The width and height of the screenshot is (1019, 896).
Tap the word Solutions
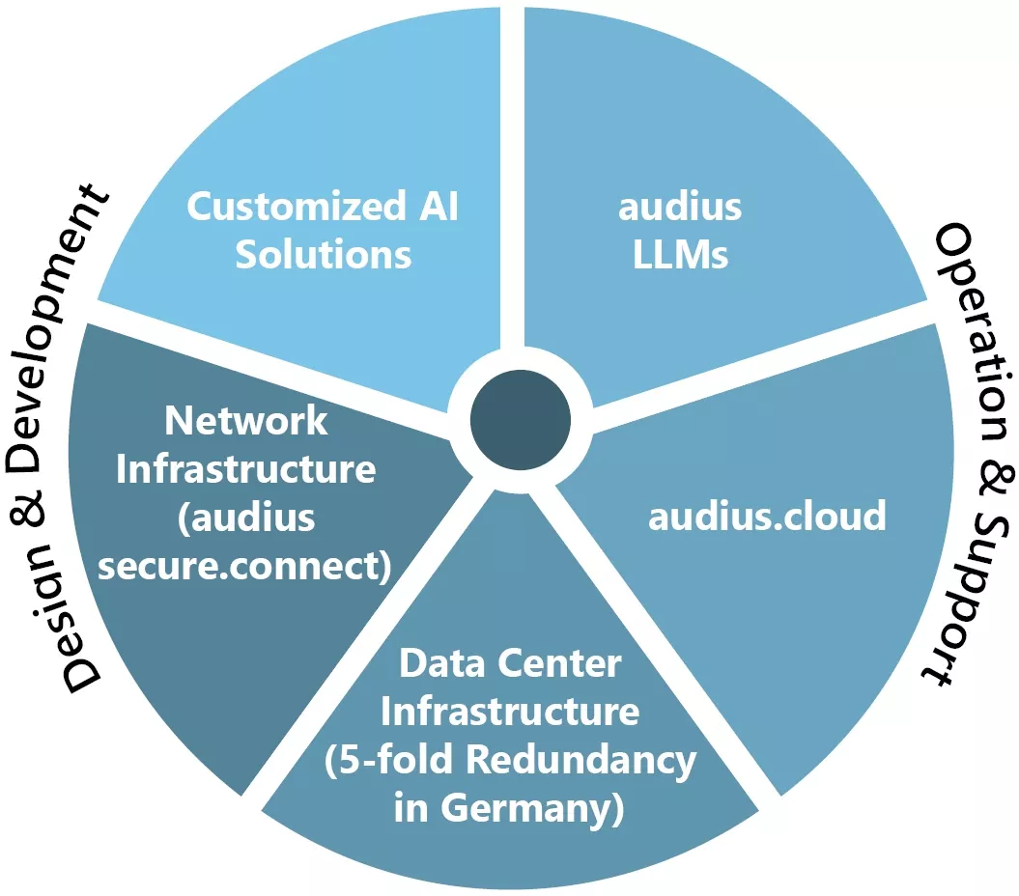tap(324, 256)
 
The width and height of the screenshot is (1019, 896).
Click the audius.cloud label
tap(766, 517)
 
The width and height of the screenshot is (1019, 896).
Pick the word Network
tap(246, 421)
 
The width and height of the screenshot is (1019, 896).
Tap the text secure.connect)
tap(246, 567)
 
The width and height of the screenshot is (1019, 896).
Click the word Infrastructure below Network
tap(246, 469)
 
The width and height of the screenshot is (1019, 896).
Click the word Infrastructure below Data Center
tap(510, 713)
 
